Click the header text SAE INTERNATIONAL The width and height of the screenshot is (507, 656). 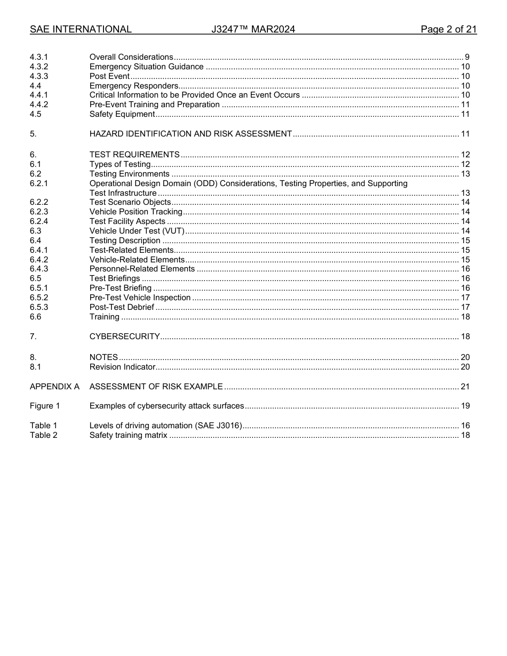click(81, 29)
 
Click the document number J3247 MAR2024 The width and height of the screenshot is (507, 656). click(253, 29)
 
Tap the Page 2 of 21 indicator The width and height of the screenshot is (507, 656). click(448, 29)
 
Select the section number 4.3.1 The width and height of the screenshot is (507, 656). click(39, 57)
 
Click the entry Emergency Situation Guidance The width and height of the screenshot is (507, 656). click(146, 67)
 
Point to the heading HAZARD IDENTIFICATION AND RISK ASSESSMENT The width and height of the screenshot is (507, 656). click(191, 134)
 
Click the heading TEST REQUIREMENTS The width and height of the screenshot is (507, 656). click(134, 155)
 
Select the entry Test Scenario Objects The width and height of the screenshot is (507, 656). click(130, 202)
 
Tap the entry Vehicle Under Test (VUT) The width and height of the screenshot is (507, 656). click(137, 231)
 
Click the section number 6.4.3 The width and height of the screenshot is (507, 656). click(39, 269)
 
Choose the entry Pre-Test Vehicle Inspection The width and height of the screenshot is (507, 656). click(140, 298)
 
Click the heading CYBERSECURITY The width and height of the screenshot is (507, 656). click(124, 337)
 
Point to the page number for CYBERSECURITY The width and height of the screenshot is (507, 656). click(465, 337)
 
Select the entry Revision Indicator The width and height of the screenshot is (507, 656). click(122, 367)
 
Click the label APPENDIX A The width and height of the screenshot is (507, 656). click(54, 387)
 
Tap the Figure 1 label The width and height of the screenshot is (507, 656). click(45, 406)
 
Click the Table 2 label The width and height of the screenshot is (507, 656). click(43, 435)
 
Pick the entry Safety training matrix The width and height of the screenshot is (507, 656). click(128, 435)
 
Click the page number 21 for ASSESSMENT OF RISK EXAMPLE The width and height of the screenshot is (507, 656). click(465, 387)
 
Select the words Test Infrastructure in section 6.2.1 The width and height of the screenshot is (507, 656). click(123, 193)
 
